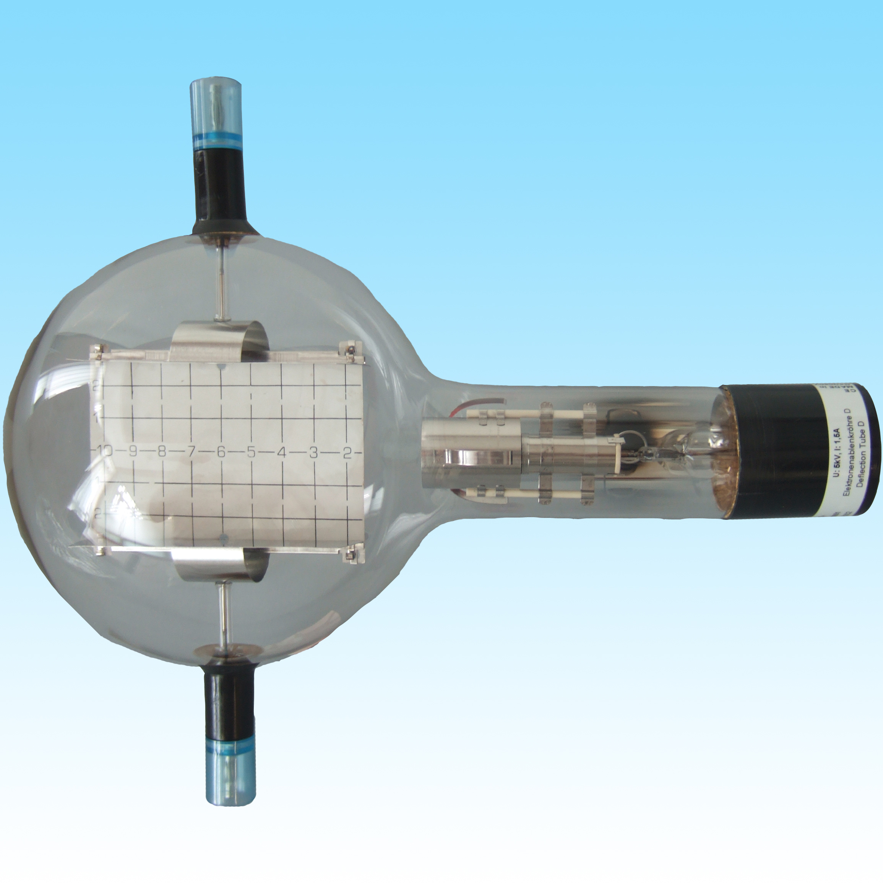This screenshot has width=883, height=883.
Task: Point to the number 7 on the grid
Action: click(191, 453)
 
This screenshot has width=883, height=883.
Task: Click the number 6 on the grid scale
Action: click(221, 453)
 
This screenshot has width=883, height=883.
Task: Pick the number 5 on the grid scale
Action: click(251, 453)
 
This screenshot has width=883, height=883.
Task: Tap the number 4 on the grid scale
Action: click(282, 453)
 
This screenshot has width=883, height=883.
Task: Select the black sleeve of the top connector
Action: click(220, 187)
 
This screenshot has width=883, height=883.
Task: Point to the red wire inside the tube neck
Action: click(480, 402)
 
